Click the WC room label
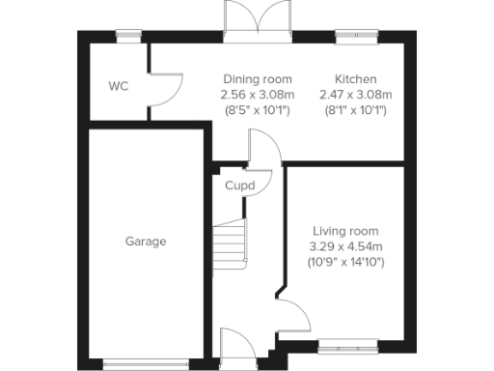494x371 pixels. (x=118, y=87)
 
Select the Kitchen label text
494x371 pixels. (x=355, y=78)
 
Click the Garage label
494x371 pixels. (x=146, y=242)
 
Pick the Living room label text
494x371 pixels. (x=344, y=232)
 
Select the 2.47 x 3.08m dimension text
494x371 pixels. (x=355, y=94)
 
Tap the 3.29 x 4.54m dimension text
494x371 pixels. (x=344, y=247)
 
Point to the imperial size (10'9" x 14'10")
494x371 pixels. (x=344, y=262)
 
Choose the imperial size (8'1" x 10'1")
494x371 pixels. (x=355, y=109)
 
